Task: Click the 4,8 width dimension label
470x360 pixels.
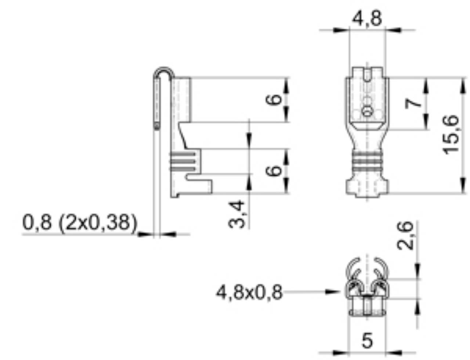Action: pos(367,18)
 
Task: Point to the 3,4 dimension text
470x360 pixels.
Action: pos(237,214)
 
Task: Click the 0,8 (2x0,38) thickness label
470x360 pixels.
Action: pos(80,222)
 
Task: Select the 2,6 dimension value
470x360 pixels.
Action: pos(406,235)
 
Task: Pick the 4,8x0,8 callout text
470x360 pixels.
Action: pos(249,292)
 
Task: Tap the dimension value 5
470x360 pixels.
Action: pos(367,341)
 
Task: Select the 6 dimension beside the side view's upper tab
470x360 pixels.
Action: pos(274,99)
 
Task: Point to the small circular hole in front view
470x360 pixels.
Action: pos(366,111)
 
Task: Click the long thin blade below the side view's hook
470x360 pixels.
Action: pos(157,180)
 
